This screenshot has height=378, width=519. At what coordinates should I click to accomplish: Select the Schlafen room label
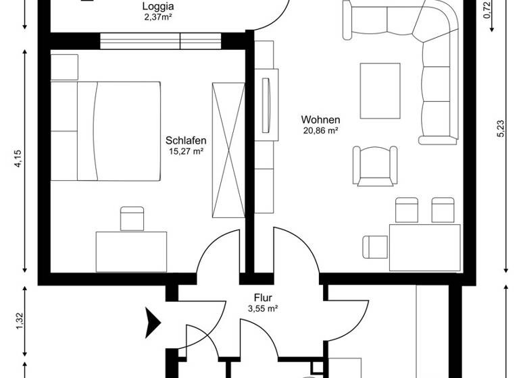point(186,140)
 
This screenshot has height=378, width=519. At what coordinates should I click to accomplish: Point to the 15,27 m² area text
point(186,152)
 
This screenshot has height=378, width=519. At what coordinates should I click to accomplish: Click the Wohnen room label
point(320,120)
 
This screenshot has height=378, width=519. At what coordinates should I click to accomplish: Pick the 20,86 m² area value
point(320,132)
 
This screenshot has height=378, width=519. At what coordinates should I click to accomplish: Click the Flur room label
point(263,297)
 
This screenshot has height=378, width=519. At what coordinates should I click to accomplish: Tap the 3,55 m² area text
point(263,308)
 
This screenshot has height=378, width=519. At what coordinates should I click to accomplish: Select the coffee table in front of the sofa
point(380,90)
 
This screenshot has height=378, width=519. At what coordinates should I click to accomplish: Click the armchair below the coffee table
point(374,165)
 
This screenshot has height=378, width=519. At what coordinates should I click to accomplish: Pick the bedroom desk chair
point(132,219)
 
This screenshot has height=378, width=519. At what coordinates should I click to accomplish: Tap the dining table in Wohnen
point(424,247)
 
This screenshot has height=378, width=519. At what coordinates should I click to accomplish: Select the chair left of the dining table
point(374,246)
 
